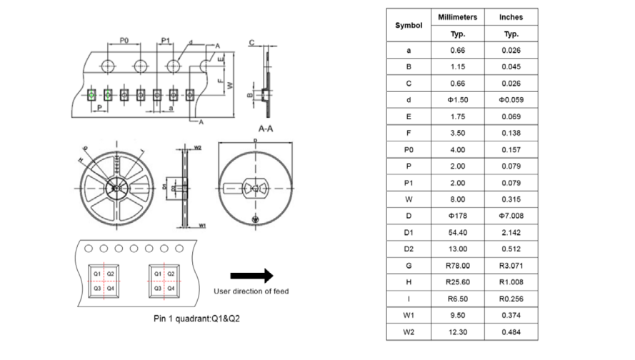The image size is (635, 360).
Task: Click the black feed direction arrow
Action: [252, 275]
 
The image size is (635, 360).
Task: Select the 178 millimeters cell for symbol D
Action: [458, 215]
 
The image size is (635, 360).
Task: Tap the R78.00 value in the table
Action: [458, 265]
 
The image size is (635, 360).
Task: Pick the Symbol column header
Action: [409, 25]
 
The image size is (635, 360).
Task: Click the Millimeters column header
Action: [458, 17]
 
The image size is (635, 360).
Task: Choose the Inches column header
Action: [511, 17]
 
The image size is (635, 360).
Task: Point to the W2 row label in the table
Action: [409, 331]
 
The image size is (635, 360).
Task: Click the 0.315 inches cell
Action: [511, 199]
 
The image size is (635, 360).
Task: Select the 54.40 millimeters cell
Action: [458, 232]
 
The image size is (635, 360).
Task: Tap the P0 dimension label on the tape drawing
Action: [124, 41]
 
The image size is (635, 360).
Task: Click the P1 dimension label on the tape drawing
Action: [166, 41]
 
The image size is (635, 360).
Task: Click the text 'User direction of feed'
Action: [251, 291]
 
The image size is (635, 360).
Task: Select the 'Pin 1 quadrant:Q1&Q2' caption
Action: [197, 318]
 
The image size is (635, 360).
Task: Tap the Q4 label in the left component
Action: [110, 287]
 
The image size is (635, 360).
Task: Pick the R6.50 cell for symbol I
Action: [458, 299]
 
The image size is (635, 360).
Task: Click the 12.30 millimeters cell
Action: [458, 331]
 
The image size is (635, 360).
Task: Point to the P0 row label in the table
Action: [409, 149]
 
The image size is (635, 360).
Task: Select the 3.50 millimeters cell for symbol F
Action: [458, 133]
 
